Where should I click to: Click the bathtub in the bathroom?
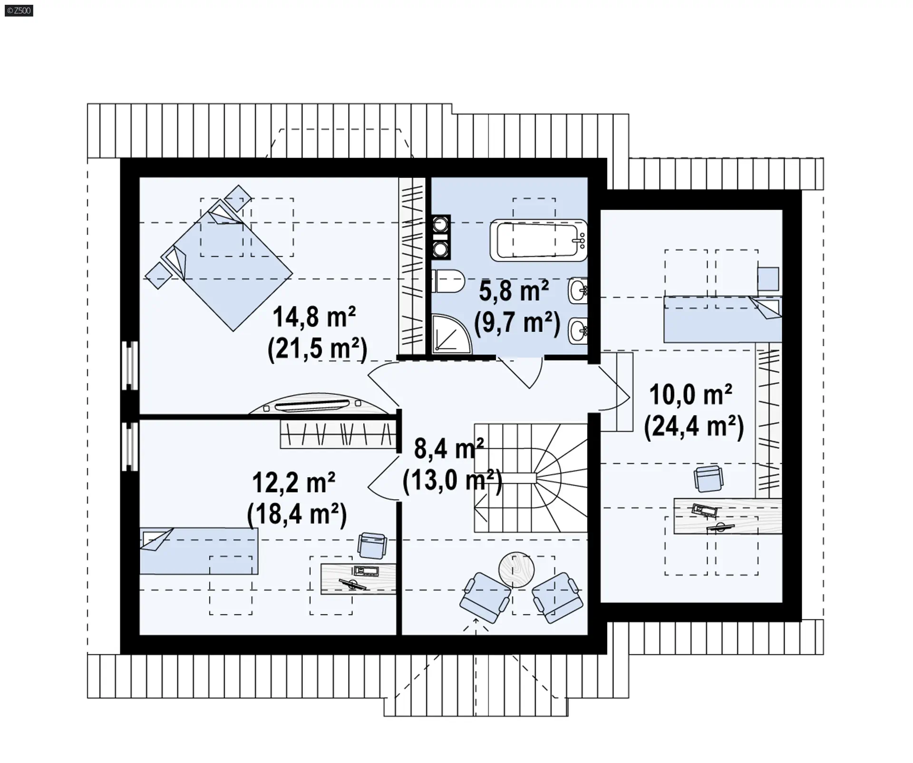coord(539,240)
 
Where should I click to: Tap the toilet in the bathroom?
coord(448,281)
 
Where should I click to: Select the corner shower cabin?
coord(451,334)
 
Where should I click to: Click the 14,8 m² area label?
coord(314,317)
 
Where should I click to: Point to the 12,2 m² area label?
coord(293,483)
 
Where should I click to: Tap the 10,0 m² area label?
coord(691,395)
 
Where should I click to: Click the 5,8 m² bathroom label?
coord(514,291)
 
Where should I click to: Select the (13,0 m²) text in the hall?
coord(452,481)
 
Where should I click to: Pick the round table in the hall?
coord(516,570)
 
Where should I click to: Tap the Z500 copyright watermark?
coord(19,10)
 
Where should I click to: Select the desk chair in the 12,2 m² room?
coord(372,545)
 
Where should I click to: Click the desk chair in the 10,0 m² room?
coord(709,479)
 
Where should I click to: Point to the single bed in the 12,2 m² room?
coord(199,551)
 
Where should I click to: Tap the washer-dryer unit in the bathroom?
coord(441,237)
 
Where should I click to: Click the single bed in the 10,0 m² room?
coord(723,319)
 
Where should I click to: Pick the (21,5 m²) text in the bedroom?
coord(318,349)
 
